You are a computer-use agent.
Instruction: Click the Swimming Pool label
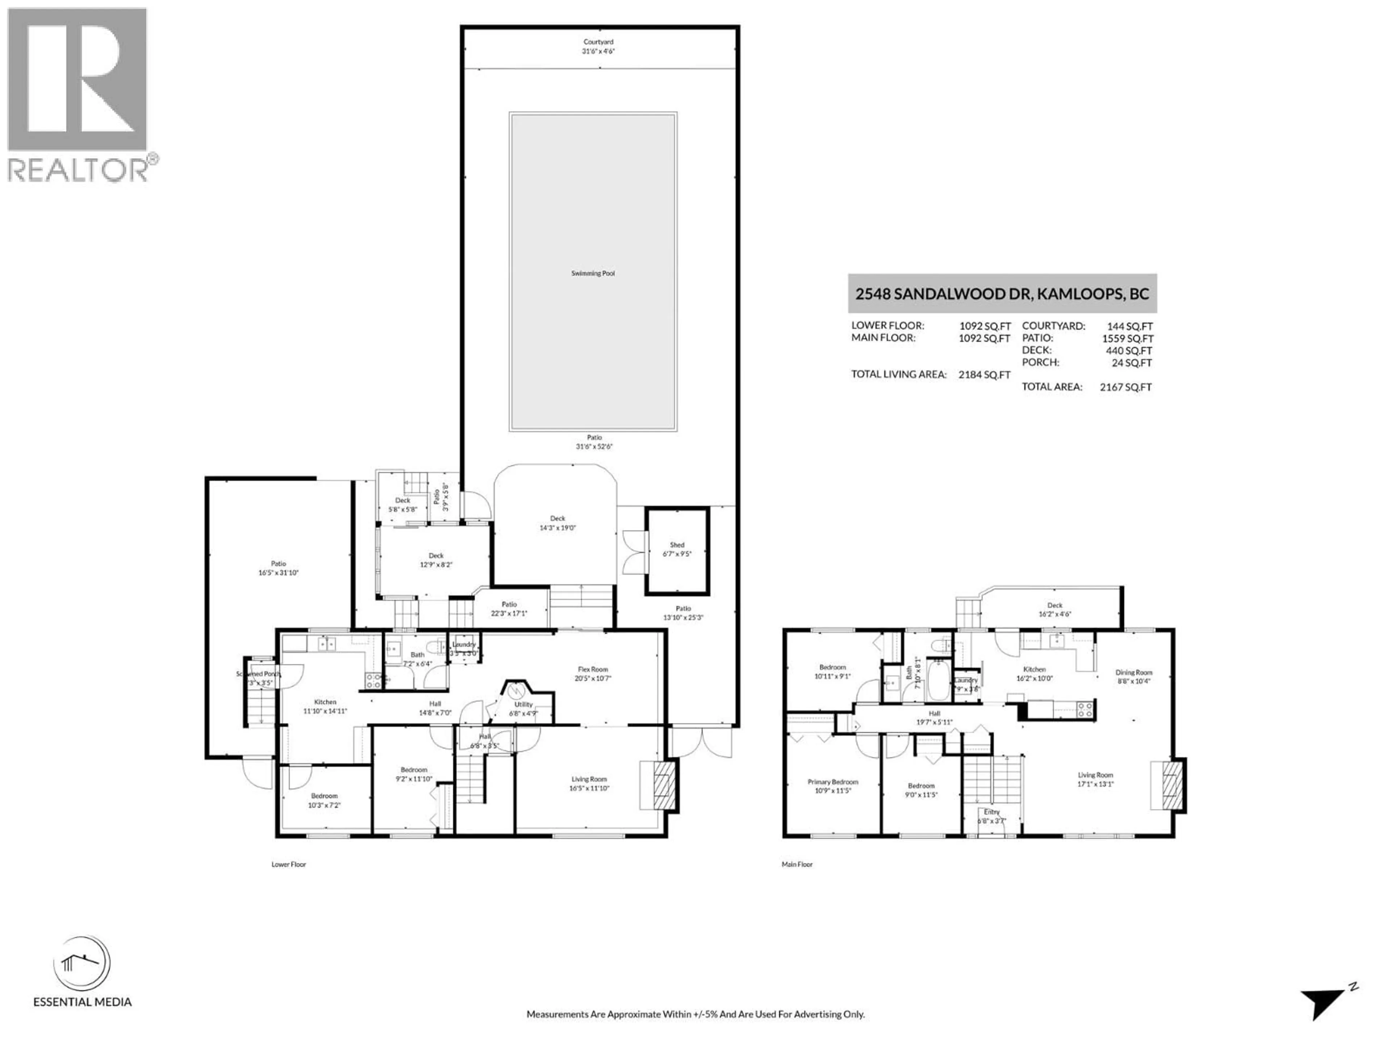point(592,273)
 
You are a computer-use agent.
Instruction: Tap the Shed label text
point(677,545)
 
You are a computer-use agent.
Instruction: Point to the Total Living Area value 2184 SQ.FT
point(984,375)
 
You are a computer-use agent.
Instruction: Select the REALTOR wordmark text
point(79,170)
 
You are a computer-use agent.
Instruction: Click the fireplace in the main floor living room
point(1171,785)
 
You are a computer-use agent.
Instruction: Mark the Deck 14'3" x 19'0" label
point(557,523)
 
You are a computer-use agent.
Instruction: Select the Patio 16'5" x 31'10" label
point(278,568)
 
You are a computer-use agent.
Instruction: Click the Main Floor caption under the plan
point(797,864)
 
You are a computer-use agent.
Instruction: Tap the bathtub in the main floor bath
point(940,680)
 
